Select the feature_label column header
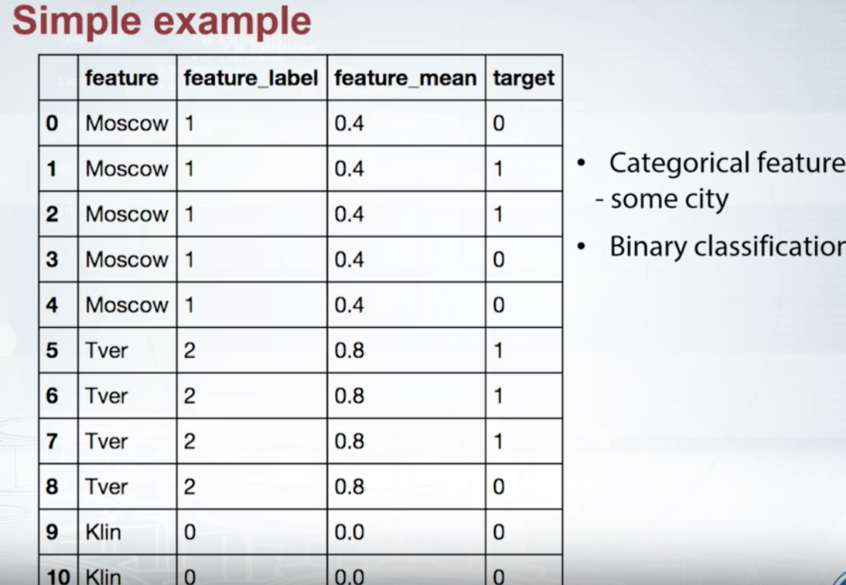[251, 78]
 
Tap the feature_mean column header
[405, 78]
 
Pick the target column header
[523, 78]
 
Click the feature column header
[122, 78]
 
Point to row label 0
[52, 123]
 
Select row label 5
[52, 351]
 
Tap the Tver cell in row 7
[106, 442]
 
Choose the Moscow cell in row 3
[126, 259]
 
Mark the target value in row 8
[499, 487]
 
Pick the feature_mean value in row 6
[349, 396]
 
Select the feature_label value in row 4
[189, 306]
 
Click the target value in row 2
[499, 214]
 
